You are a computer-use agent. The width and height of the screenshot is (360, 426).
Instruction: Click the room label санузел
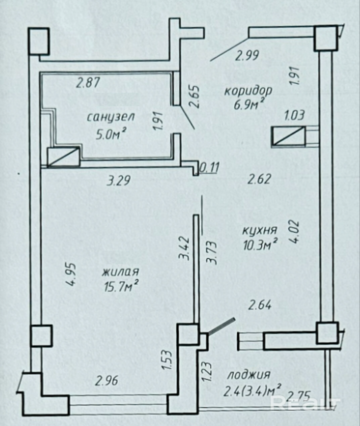111,117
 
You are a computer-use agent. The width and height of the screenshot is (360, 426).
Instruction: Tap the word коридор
248,91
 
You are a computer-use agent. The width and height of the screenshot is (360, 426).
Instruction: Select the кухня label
259,230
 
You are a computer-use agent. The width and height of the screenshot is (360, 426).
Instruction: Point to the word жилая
120,272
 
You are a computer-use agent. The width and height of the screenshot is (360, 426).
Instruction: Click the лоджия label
248,375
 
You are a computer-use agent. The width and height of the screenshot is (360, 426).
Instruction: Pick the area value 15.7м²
121,286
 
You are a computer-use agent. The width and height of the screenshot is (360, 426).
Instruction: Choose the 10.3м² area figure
260,245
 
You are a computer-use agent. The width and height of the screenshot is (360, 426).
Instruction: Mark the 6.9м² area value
249,105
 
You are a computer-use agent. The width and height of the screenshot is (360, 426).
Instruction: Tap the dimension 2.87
88,83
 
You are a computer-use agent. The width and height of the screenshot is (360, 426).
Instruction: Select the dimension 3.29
119,181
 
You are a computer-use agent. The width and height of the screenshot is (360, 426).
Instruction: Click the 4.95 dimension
72,275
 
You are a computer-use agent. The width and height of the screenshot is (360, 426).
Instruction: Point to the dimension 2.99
247,55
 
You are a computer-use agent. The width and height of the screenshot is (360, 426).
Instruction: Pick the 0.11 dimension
209,167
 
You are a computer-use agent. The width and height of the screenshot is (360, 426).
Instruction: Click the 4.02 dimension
295,232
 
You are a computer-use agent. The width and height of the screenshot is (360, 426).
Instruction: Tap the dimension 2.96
107,380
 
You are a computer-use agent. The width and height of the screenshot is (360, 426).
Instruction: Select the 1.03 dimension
294,116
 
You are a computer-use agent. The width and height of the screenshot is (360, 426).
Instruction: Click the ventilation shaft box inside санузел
64,157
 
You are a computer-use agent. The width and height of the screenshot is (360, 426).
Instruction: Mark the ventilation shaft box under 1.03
289,136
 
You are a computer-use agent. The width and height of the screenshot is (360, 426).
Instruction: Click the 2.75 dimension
299,396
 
